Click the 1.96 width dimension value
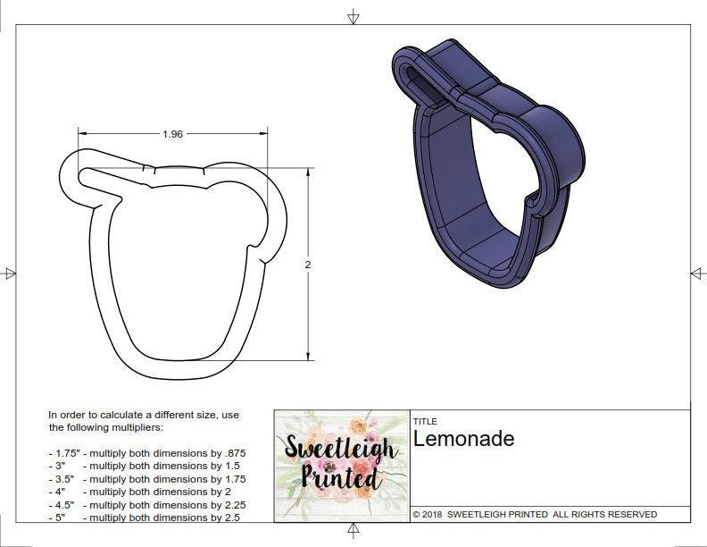[172, 134]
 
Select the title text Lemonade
[463, 439]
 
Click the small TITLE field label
[424, 421]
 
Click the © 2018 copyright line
[535, 514]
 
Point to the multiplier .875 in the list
[233, 453]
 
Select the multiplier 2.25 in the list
[231, 505]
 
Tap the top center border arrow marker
[353, 16]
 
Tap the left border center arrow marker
[10, 273]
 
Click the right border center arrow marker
[697, 273]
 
